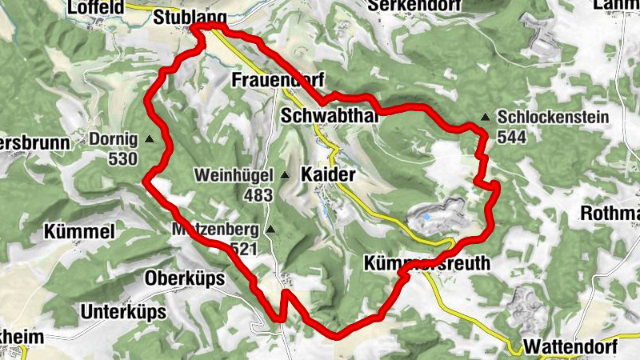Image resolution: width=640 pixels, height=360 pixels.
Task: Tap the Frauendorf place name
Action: click(277, 80)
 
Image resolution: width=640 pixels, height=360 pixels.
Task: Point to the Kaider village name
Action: click(328, 174)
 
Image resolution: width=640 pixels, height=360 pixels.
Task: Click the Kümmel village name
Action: click(82, 232)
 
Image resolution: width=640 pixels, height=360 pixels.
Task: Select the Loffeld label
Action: click(97, 7)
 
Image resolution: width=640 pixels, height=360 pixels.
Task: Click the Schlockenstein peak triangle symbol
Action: click(486, 118)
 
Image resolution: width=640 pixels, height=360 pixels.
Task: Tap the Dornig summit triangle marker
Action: click(150, 138)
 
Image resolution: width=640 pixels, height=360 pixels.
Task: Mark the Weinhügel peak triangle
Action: click(285, 174)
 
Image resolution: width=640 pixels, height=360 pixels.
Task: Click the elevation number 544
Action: click(513, 138)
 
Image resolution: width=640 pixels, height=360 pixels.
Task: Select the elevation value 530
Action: click(122, 158)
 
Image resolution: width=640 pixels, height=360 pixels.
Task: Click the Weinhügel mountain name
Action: click(237, 174)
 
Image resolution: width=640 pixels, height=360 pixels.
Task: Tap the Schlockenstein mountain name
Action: click(553, 118)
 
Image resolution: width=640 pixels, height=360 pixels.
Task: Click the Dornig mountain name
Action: click(114, 138)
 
